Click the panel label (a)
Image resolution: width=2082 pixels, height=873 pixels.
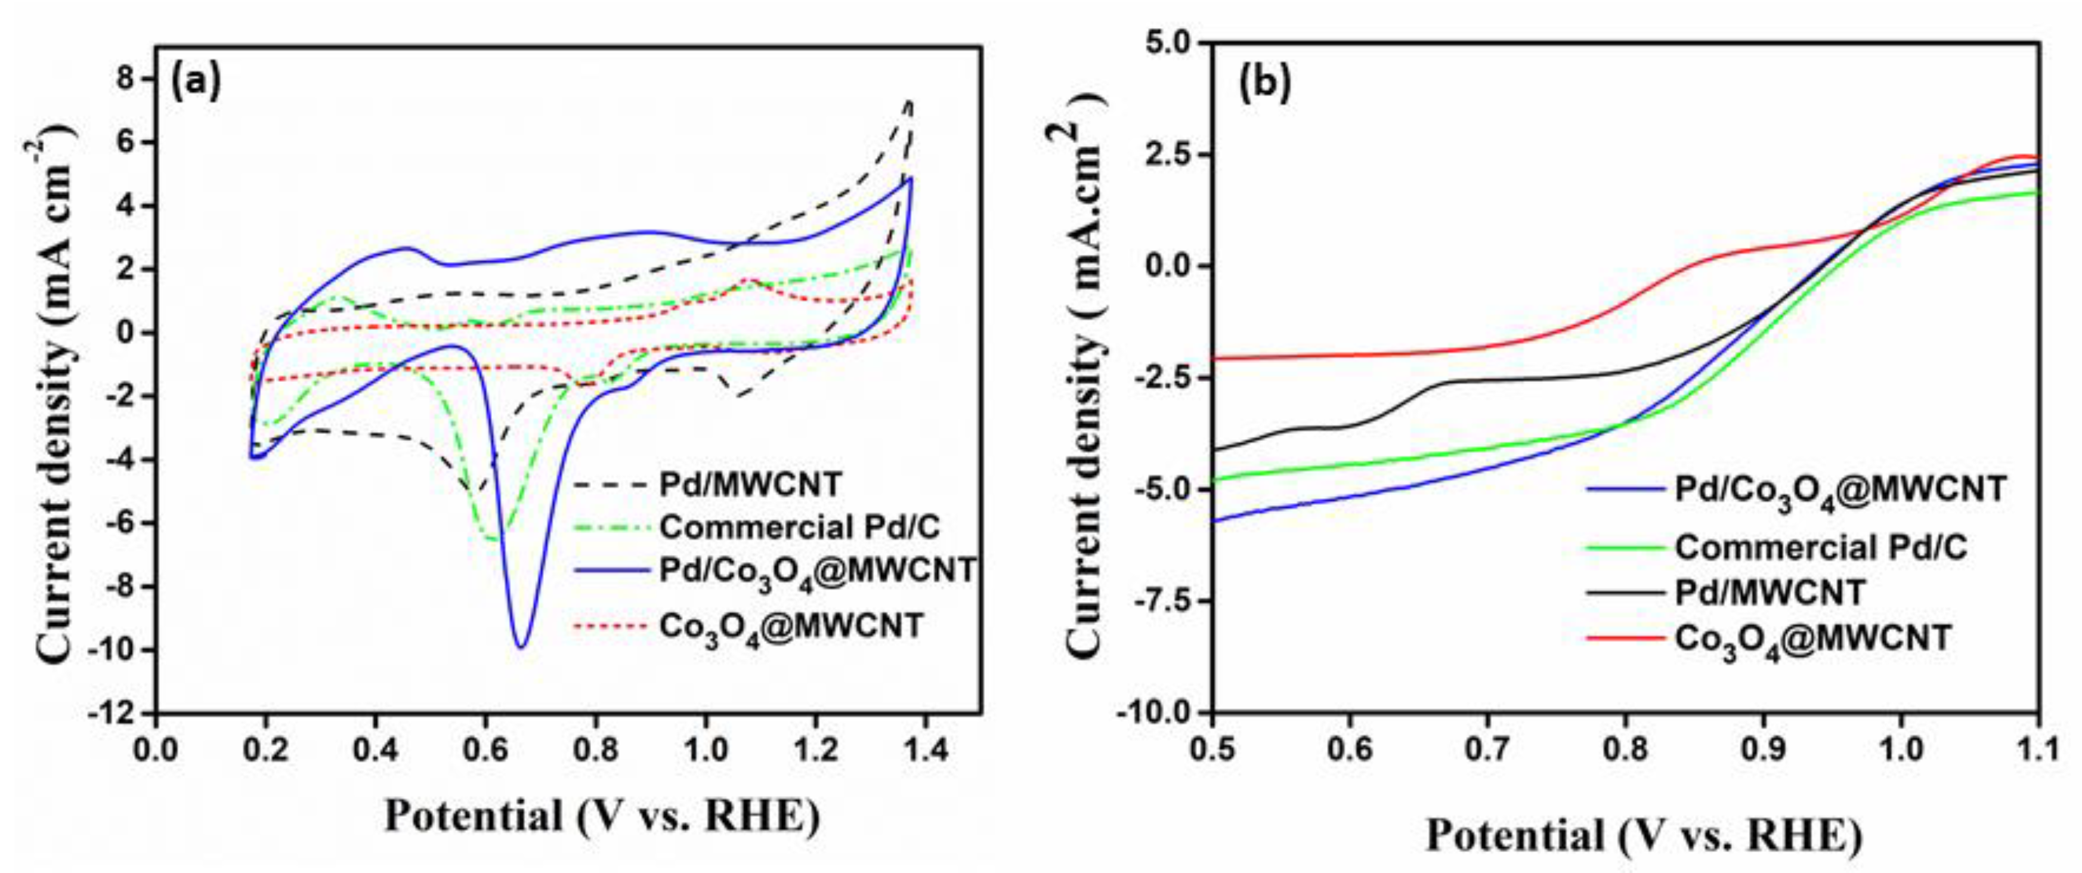tap(195, 84)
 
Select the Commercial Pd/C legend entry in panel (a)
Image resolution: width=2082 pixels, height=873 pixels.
tap(800, 527)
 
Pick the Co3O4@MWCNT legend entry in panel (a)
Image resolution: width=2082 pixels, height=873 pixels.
tap(790, 627)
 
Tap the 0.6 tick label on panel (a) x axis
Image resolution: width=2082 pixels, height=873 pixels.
tap(484, 750)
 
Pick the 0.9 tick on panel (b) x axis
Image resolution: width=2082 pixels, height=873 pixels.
tap(1764, 750)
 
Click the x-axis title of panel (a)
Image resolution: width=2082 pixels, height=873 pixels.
tap(602, 816)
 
